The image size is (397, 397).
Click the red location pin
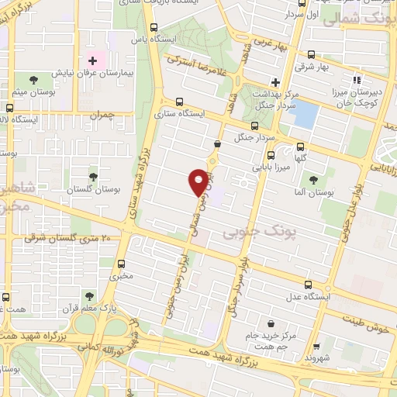(199, 181)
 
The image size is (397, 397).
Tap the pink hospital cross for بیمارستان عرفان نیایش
(92, 60)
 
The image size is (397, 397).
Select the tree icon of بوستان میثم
(33, 80)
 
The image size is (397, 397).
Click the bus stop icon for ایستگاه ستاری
(179, 101)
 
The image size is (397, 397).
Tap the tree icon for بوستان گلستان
(93, 178)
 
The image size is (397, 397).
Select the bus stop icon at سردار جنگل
(254, 126)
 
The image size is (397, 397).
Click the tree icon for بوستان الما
(312, 180)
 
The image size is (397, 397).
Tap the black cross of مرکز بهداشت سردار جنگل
(275, 81)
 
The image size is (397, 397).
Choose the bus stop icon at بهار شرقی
(311, 54)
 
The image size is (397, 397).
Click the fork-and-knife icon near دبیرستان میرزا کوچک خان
(357, 79)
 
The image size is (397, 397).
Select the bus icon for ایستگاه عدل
(308, 284)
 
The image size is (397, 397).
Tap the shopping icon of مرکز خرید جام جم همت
(270, 323)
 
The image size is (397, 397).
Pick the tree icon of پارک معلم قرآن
(89, 296)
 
